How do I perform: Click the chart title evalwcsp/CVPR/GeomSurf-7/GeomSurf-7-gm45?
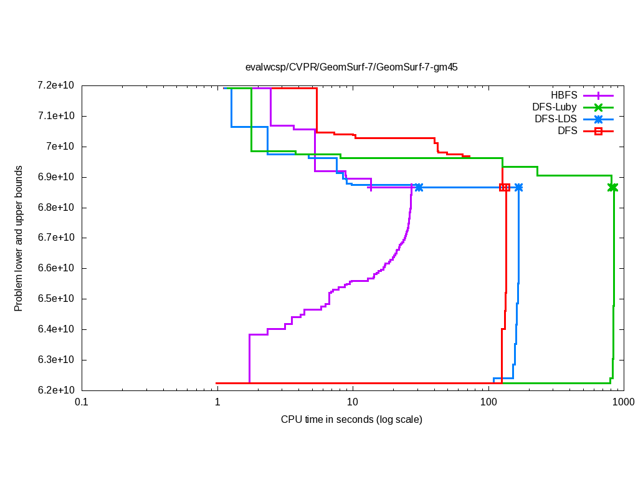click(x=351, y=67)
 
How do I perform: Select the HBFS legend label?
click(x=564, y=95)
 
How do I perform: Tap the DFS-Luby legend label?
click(x=555, y=107)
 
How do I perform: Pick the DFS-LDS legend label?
click(x=556, y=119)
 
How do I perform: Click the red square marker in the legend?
click(x=598, y=131)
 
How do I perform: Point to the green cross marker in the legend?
click(x=598, y=107)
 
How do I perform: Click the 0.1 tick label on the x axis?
click(x=81, y=403)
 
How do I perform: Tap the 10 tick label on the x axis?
click(x=353, y=403)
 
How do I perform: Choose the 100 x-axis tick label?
click(x=488, y=403)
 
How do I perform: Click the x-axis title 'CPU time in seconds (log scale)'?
click(x=351, y=419)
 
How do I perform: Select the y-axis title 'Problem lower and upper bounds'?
click(x=19, y=238)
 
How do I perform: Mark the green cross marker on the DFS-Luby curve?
click(x=612, y=188)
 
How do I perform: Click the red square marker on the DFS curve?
click(x=505, y=188)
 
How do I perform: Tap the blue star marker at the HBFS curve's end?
click(x=419, y=188)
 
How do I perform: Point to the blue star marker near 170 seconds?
click(x=518, y=188)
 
